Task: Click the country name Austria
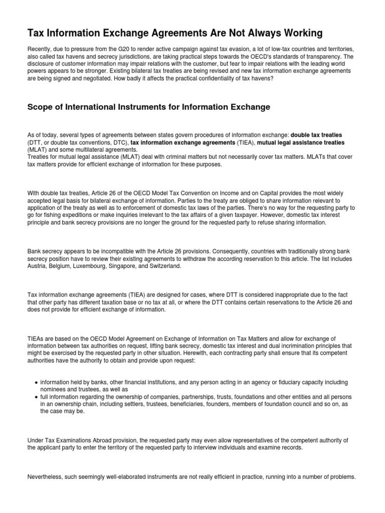(37, 266)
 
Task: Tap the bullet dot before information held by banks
(37, 382)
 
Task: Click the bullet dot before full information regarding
(37, 397)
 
